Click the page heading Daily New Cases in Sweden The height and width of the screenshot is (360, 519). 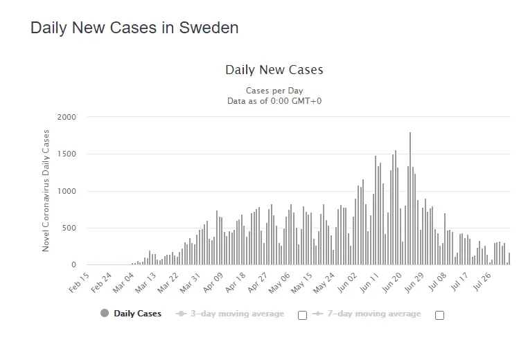click(134, 28)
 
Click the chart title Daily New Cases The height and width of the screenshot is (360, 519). click(274, 70)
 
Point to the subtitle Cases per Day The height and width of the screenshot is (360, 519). click(274, 91)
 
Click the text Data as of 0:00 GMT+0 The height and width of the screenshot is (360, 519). click(274, 101)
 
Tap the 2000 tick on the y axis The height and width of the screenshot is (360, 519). click(66, 117)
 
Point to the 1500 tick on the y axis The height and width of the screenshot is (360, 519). click(66, 154)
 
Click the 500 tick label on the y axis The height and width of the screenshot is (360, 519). click(69, 228)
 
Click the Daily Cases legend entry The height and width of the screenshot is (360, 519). click(138, 314)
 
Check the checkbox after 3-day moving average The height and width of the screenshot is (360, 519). click(302, 315)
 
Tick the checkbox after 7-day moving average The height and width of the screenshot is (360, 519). click(439, 315)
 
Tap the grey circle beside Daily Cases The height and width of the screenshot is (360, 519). click(105, 314)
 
